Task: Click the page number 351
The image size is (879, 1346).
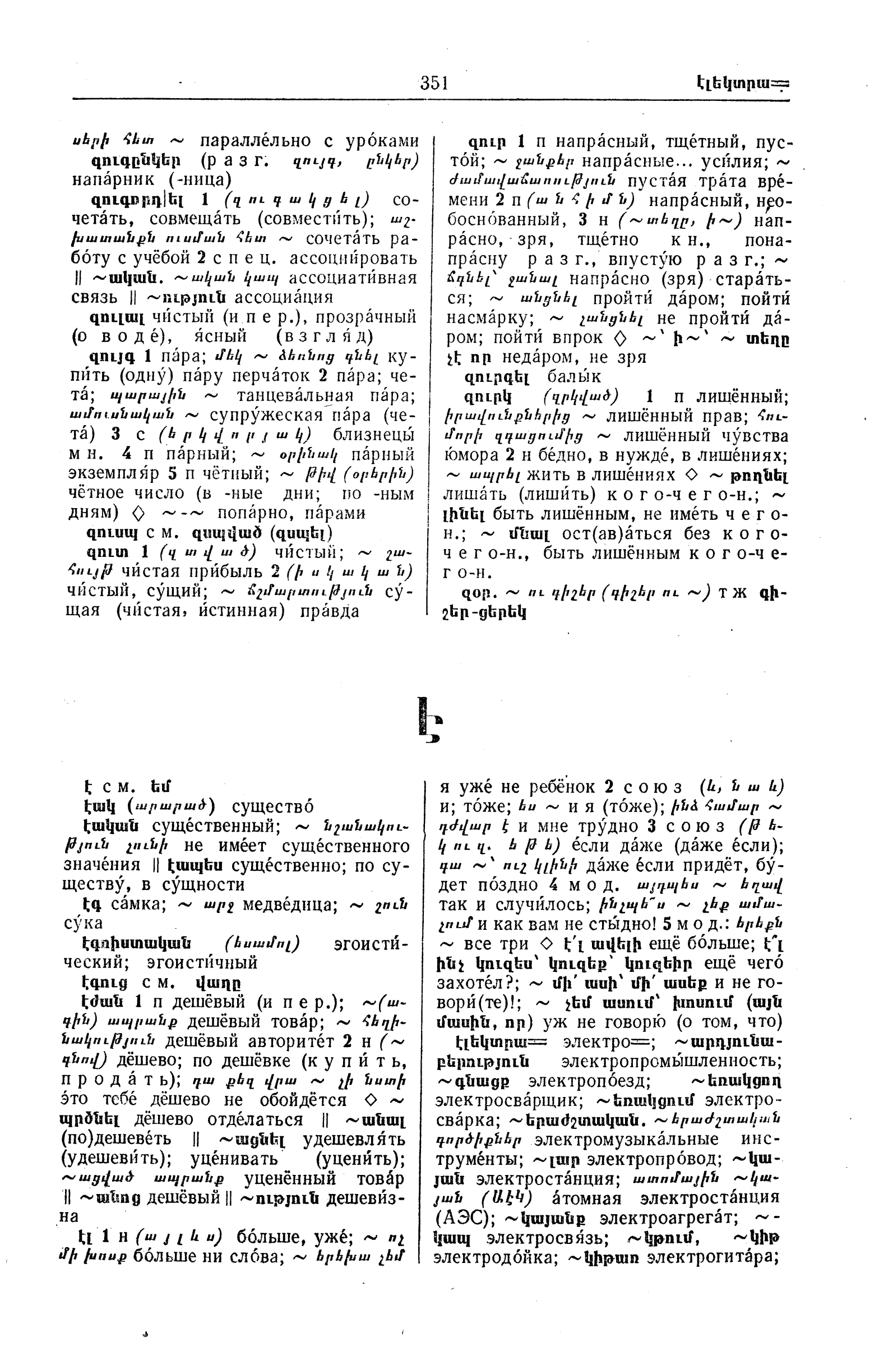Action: [x=433, y=83]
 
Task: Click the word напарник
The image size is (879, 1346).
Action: [x=113, y=180]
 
